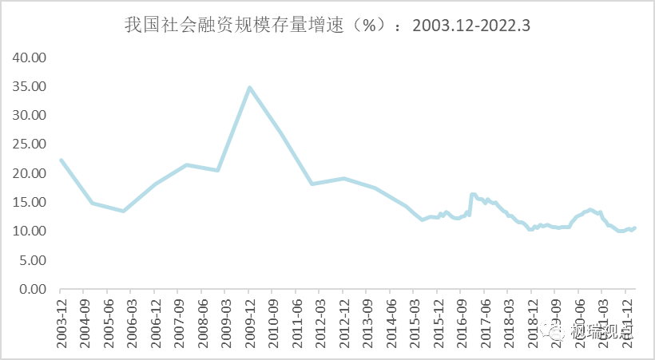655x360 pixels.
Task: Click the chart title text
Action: (x=327, y=26)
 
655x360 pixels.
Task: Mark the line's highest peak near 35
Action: (x=249, y=88)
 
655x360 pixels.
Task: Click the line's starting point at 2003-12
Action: (x=61, y=160)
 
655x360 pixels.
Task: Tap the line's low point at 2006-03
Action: (x=124, y=211)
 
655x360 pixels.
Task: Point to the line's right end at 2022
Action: (x=634, y=228)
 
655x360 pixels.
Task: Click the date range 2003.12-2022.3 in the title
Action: (x=471, y=26)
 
